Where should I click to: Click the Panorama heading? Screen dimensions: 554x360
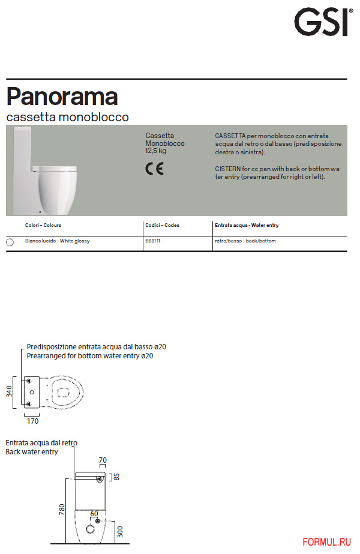[x=62, y=97]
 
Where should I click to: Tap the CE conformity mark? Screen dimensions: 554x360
[x=154, y=169]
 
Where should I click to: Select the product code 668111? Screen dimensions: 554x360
[x=152, y=241]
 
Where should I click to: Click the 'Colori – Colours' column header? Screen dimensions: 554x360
[x=43, y=226]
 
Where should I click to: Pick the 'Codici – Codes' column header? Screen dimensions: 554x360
[x=162, y=226]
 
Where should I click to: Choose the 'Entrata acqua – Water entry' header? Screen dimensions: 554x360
[x=246, y=226]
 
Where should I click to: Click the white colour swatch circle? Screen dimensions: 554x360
[x=10, y=242]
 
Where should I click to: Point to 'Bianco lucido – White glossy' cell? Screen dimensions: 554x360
[x=57, y=241]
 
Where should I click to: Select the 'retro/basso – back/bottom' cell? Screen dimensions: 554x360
[x=245, y=241]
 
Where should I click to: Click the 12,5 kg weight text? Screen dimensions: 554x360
[x=156, y=151]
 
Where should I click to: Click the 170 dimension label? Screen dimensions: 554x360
[x=32, y=421]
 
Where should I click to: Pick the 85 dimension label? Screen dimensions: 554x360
[x=118, y=477]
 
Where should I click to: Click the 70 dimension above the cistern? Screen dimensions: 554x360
[x=103, y=460]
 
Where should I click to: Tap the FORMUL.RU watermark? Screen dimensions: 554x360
[x=326, y=542]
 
